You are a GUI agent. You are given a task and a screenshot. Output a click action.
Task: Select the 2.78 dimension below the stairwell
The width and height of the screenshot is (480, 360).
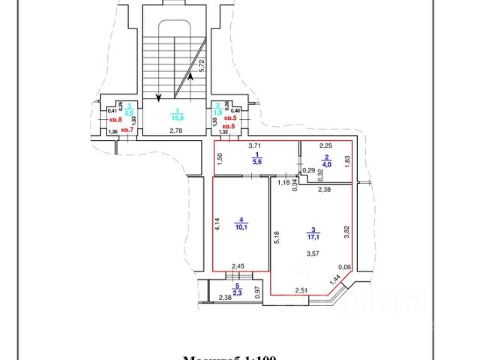[175, 131]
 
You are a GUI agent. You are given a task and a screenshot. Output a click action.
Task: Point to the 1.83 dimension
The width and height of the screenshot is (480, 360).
[347, 159]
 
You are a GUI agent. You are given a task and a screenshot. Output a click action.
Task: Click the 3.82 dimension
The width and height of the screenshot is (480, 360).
[347, 232]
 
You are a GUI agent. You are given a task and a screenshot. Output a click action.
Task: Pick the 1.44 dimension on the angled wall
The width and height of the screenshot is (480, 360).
[334, 281]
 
